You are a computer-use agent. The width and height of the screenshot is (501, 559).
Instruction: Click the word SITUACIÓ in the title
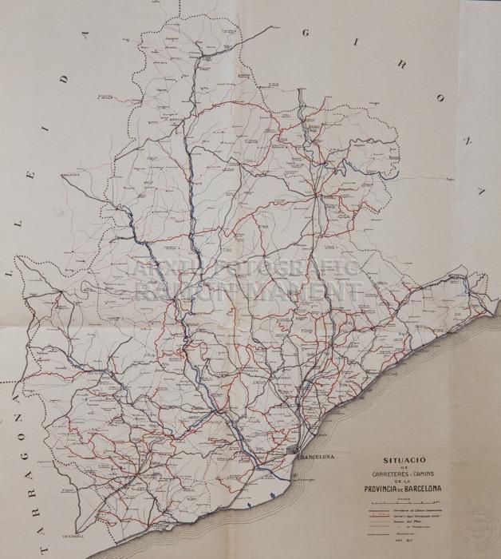404,462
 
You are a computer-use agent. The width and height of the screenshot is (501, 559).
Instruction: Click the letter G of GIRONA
307,34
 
